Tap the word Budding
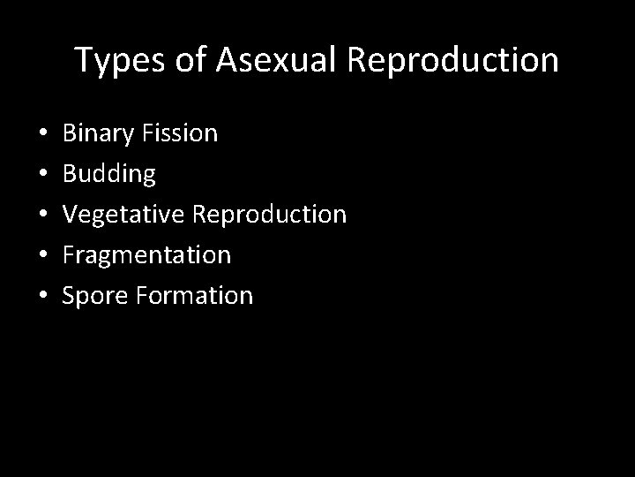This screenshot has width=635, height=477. pyautogui.click(x=108, y=175)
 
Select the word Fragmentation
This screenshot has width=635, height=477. pyautogui.click(x=146, y=255)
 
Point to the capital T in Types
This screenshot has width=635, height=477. pyautogui.click(x=85, y=60)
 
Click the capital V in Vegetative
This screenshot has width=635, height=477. pyautogui.click(x=70, y=215)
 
